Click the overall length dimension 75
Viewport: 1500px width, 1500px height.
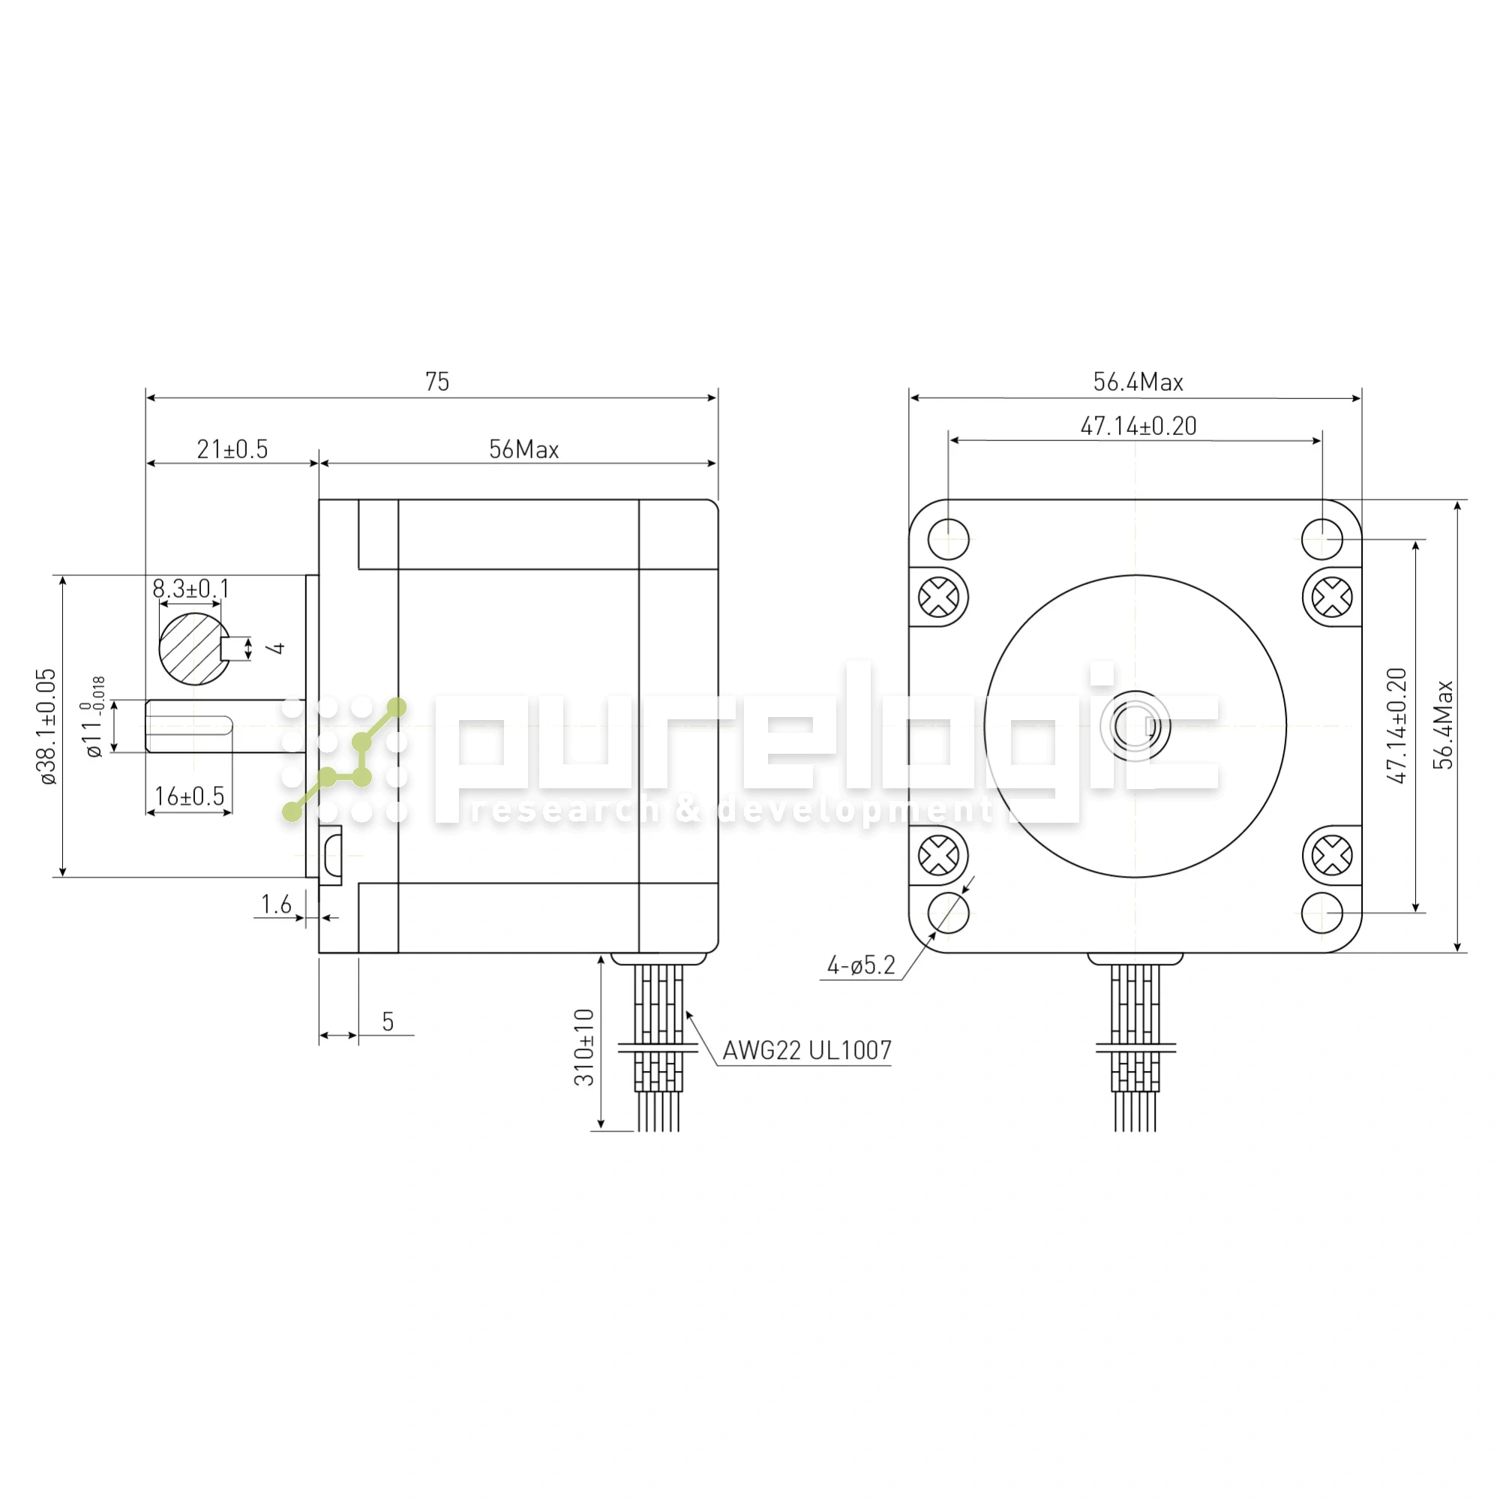(437, 382)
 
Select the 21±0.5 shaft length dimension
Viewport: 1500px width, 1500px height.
(232, 448)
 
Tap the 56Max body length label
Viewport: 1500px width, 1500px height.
(524, 448)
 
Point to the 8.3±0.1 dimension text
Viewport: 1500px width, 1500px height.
(191, 588)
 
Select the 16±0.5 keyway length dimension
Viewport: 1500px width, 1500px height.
(190, 796)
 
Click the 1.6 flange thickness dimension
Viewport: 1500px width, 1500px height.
(277, 904)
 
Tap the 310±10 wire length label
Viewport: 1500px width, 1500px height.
(583, 1046)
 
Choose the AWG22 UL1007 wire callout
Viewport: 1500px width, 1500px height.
(808, 1051)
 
